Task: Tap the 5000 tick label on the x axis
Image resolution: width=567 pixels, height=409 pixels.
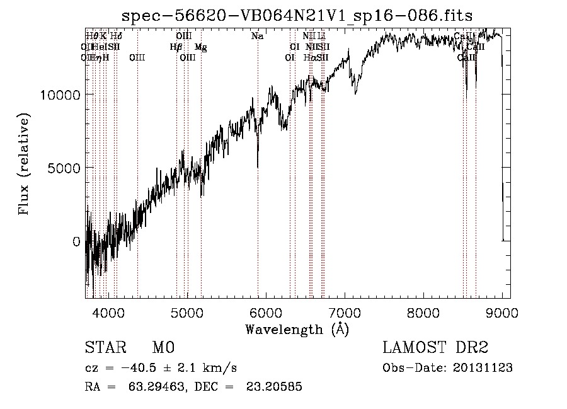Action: pos(187,313)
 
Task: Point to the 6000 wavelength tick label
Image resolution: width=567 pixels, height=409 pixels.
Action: pos(265,313)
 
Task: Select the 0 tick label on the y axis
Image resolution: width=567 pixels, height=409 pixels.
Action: pos(76,241)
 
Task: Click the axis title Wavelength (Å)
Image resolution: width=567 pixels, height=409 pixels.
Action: pos(297,329)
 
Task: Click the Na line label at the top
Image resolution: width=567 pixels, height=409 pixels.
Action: pos(257,37)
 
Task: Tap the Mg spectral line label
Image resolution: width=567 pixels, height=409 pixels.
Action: pos(200,47)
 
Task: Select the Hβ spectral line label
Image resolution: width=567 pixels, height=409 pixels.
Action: pos(176,47)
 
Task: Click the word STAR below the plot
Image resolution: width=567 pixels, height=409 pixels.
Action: pos(103,349)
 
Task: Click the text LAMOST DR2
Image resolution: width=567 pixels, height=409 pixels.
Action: pos(435,349)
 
